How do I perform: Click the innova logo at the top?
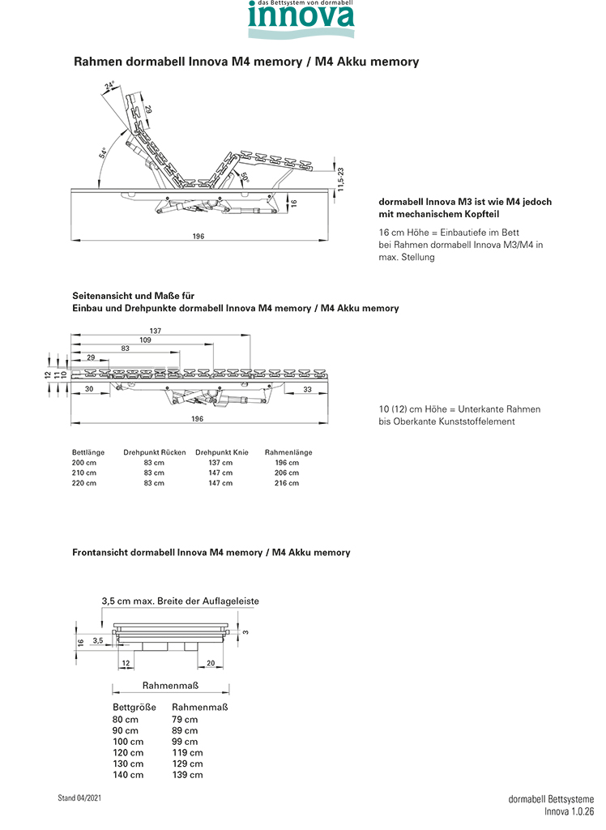click(301, 20)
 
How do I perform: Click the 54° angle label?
click(103, 152)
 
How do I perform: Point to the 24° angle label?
click(110, 85)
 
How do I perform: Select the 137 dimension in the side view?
click(156, 330)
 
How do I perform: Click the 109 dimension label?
click(145, 340)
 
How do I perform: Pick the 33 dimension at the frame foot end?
click(308, 389)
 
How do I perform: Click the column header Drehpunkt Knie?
click(222, 452)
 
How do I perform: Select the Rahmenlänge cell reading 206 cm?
click(287, 473)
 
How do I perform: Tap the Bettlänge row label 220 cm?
click(84, 483)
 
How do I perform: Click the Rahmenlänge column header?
click(288, 452)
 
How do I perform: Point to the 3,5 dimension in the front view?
click(98, 640)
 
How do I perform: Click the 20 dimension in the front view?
click(211, 663)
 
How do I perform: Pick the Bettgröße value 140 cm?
click(127, 775)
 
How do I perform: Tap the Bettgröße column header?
click(134, 707)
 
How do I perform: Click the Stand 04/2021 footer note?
click(79, 798)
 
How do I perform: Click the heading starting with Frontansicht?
click(211, 553)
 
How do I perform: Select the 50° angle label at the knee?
click(243, 173)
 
